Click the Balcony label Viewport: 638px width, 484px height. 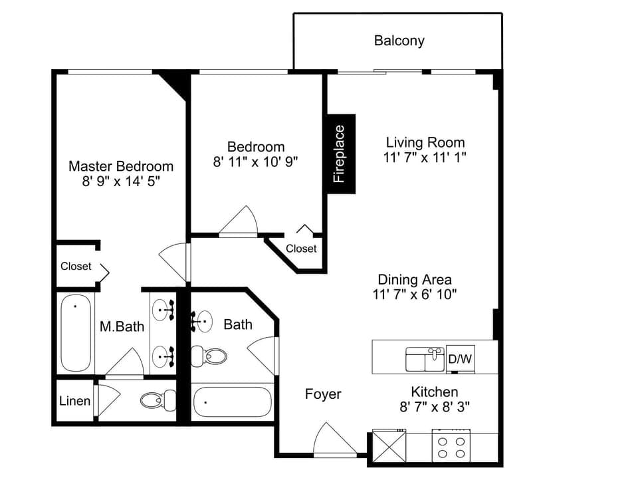[399, 41]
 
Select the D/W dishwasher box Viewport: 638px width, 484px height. [460, 359]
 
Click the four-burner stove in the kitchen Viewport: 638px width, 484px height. [451, 445]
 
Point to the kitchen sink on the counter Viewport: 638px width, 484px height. [425, 359]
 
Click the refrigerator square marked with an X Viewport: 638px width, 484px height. [389, 445]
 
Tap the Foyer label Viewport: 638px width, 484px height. [323, 394]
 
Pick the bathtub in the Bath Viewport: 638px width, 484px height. [232, 402]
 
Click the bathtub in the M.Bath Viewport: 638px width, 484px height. [75, 332]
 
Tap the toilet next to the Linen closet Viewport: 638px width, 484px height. [158, 400]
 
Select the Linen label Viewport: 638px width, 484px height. [74, 401]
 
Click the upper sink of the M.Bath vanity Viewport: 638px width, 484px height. [162, 309]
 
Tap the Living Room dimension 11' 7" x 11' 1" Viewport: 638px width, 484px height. [425, 158]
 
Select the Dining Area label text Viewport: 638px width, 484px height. [415, 279]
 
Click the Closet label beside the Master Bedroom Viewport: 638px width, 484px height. [76, 266]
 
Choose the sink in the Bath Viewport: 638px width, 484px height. [202, 322]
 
